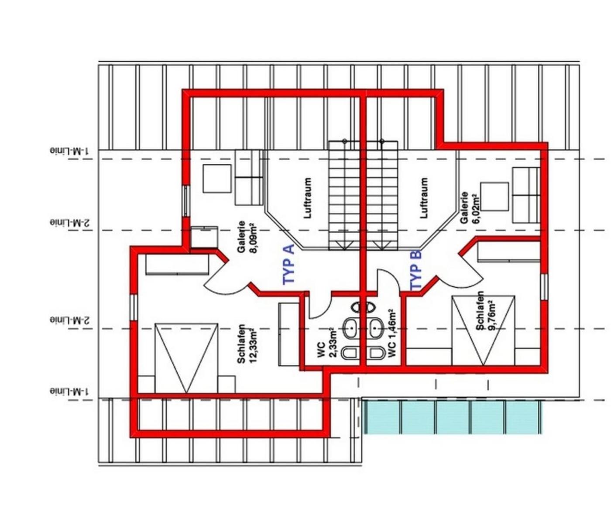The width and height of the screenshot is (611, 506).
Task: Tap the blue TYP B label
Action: tap(415, 270)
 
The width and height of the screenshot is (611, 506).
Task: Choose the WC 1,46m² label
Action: tap(392, 334)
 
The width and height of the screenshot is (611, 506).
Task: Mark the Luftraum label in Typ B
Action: tap(423, 198)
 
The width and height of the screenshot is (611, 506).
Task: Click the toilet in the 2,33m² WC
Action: tap(350, 353)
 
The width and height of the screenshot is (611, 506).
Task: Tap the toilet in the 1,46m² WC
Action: tap(377, 353)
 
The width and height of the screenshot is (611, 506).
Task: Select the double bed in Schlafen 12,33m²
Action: tap(186, 358)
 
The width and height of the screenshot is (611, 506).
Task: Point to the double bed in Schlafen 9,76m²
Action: tap(483, 330)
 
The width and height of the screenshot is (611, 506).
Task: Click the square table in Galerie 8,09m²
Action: tap(217, 179)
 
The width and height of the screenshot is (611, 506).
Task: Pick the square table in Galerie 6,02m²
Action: tap(494, 196)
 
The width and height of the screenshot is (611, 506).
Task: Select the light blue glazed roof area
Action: tap(453, 417)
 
